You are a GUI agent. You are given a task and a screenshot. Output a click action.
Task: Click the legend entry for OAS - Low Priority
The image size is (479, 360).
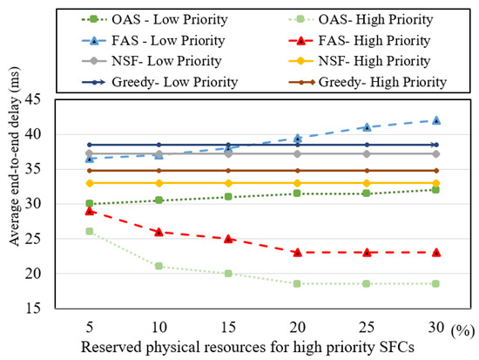tap(154, 19)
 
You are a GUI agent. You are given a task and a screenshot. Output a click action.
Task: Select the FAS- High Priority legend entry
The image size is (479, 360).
tap(360, 41)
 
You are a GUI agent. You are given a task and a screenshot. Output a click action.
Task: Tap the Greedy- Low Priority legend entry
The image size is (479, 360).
tap(159, 82)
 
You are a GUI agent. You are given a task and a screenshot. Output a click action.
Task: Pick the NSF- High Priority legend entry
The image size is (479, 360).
tap(360, 61)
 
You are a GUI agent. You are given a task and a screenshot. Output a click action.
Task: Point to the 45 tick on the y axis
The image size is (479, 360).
tap(33, 99)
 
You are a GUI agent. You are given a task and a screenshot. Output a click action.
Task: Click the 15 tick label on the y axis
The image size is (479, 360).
tap(33, 308)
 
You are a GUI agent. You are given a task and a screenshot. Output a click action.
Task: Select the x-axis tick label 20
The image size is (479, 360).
tap(297, 328)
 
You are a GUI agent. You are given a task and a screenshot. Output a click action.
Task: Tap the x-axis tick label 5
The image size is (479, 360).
tap(90, 328)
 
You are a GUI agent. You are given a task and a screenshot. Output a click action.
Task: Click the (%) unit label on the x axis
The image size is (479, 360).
tap(462, 330)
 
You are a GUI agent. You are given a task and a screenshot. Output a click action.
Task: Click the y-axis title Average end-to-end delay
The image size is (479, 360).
tap(14, 157)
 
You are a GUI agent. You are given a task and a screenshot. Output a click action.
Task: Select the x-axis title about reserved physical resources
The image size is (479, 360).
tap(247, 348)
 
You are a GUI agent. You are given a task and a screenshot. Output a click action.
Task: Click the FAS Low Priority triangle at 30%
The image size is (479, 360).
tap(436, 120)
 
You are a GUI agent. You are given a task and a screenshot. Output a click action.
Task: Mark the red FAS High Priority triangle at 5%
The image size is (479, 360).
tap(90, 211)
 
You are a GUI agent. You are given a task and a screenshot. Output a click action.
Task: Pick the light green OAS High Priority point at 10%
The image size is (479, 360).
tap(159, 266)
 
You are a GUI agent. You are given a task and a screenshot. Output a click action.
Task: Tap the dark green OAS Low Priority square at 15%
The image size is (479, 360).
tap(228, 196)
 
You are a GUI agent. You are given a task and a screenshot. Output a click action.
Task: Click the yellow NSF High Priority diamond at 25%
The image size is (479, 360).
tap(367, 183)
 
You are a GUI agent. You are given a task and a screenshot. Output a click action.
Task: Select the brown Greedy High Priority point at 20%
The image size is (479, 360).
tap(298, 170)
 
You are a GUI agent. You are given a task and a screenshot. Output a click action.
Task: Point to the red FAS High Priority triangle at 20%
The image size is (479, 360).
tap(298, 252)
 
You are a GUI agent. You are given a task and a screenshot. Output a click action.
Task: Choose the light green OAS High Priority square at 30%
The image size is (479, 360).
tap(436, 284)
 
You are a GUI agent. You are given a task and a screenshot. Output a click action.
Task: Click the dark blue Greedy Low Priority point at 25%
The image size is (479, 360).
tap(367, 145)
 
